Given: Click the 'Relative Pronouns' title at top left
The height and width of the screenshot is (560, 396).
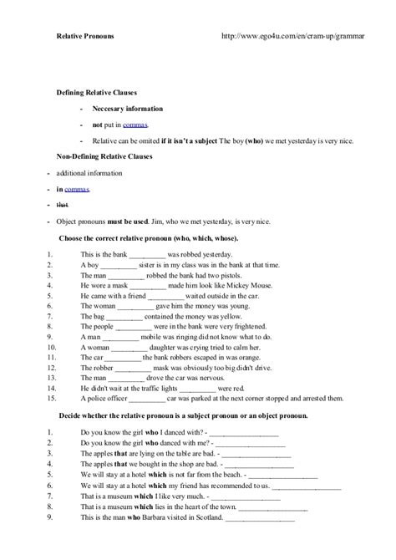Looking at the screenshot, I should (86, 37).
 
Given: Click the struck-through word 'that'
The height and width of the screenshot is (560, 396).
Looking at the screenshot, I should (62, 204).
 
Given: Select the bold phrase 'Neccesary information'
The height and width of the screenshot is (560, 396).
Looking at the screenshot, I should (128, 109).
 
